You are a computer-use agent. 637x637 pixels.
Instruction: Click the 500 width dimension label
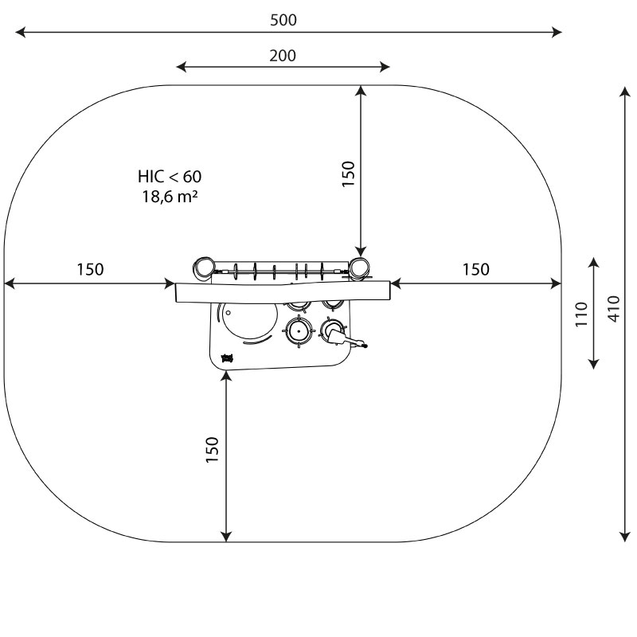[x=283, y=20]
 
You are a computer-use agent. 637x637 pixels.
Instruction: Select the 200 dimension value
[x=283, y=56]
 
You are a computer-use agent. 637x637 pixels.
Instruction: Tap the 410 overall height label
[x=614, y=309]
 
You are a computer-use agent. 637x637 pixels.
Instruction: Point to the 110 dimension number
[x=581, y=314]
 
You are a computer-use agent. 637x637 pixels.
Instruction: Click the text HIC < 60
[x=170, y=177]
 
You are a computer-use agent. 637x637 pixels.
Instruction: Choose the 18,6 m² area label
[x=170, y=197]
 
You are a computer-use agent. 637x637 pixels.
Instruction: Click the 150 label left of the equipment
[x=90, y=269]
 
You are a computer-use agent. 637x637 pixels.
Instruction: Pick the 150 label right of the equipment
[x=476, y=269]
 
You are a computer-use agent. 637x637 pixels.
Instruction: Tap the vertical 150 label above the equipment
[x=349, y=174]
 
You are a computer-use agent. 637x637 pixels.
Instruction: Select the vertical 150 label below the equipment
[x=212, y=449]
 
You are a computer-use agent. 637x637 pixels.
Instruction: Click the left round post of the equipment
[x=204, y=268]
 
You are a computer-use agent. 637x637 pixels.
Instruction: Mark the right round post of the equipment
[x=359, y=268]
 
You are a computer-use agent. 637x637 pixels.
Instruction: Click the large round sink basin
[x=249, y=316]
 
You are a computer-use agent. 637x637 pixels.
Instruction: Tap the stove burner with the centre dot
[x=299, y=331]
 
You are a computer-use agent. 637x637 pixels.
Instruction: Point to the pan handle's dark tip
[x=365, y=346]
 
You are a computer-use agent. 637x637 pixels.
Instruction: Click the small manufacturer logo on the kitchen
[x=227, y=358]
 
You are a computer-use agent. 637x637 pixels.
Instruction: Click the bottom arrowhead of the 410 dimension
[x=624, y=536]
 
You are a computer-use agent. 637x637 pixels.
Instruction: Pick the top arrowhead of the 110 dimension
[x=594, y=263]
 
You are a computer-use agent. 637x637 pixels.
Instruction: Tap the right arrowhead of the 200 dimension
[x=385, y=67]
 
